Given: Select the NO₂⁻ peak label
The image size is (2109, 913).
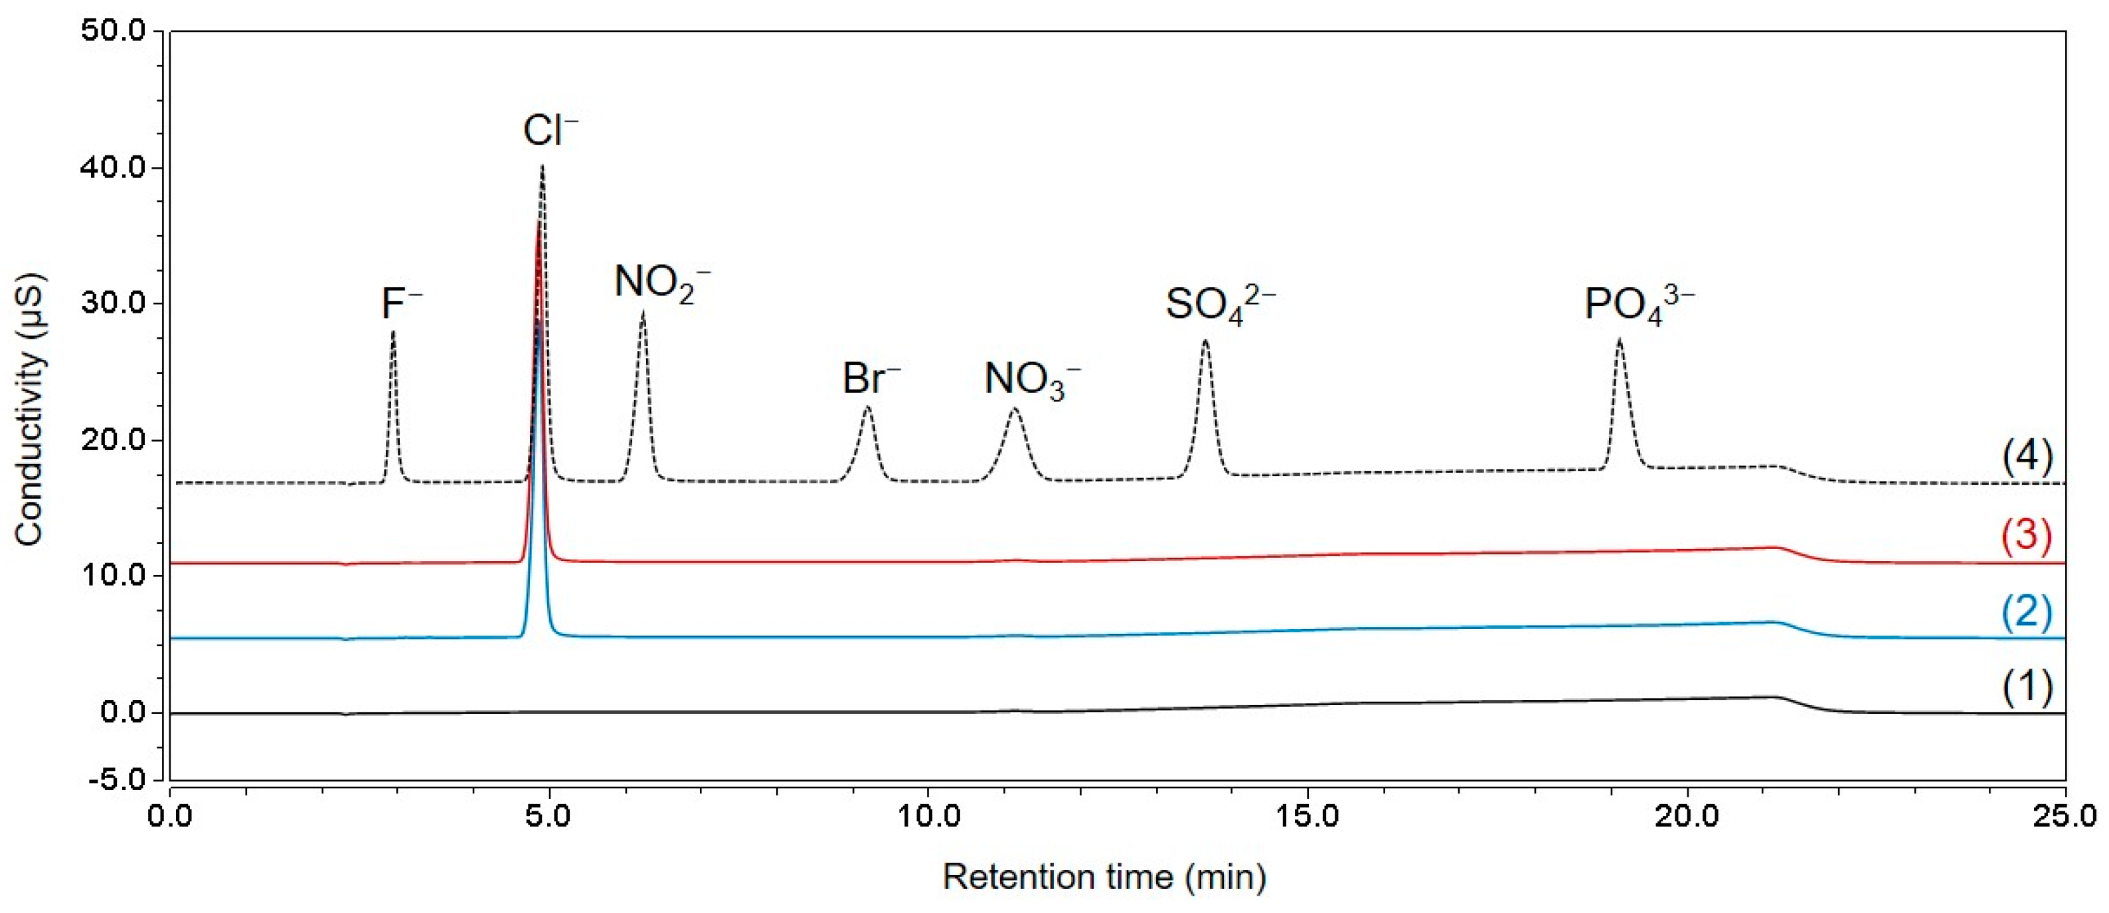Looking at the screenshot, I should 661,284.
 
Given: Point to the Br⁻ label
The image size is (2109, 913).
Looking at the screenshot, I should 871,379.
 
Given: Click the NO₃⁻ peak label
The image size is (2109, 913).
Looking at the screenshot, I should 1031,380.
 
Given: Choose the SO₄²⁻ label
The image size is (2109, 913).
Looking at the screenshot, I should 1220,305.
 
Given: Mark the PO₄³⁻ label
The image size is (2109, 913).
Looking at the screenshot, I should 1639,305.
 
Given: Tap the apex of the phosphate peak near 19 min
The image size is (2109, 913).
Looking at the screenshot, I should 1620,340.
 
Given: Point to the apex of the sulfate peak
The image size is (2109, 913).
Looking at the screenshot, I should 1205,341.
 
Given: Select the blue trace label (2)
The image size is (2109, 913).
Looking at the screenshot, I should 2027,612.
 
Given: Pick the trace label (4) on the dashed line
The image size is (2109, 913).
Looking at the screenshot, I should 2027,456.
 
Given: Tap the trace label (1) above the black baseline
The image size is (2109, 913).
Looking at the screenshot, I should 2027,686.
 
